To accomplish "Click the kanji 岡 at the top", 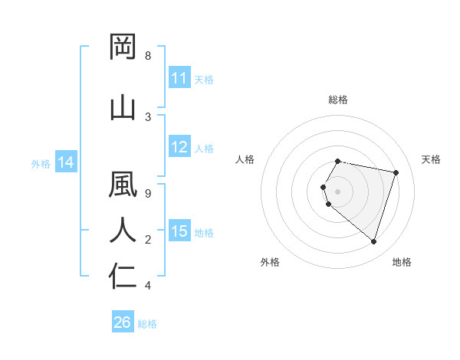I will [x=123, y=47].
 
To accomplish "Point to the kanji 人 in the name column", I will [x=123, y=231].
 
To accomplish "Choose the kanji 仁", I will [x=123, y=277].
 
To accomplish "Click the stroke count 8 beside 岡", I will [x=148, y=56].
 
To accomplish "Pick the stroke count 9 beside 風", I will [x=148, y=194].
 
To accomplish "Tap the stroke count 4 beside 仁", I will [x=148, y=286].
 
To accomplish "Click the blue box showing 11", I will [x=179, y=78].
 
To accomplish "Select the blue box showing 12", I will [x=179, y=148].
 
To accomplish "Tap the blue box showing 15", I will [x=179, y=231].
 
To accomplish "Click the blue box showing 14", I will [x=66, y=162].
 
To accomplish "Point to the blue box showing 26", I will [x=123, y=322].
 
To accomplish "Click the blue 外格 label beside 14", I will [x=41, y=163].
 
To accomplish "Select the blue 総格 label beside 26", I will [x=147, y=323].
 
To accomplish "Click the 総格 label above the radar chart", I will [x=338, y=100].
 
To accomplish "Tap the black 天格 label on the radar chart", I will [x=431, y=159].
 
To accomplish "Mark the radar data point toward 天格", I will [x=396, y=172].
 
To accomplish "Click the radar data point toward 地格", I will [x=373, y=242].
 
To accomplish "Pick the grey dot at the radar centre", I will [x=338, y=191].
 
